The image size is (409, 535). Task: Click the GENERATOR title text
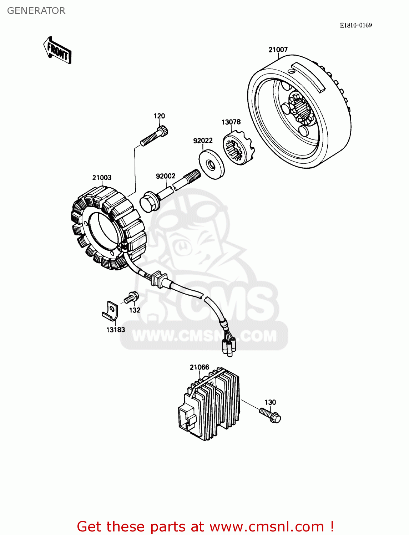[x=36, y=11]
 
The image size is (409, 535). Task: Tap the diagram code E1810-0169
[x=355, y=25]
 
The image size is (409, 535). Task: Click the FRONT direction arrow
[x=57, y=50]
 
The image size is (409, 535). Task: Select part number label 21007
[x=278, y=50]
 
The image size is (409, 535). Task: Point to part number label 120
[x=159, y=116]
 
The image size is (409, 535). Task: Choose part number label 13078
[x=231, y=122]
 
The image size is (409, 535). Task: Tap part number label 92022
[x=203, y=141]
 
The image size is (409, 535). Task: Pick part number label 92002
[x=166, y=176]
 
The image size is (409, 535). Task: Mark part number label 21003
[x=102, y=178]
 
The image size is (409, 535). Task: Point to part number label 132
[x=135, y=310]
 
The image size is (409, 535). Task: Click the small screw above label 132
[x=131, y=297]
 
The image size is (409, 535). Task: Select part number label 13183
[x=115, y=330]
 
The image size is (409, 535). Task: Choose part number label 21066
[x=200, y=367]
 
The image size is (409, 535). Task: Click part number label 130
[x=270, y=402]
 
